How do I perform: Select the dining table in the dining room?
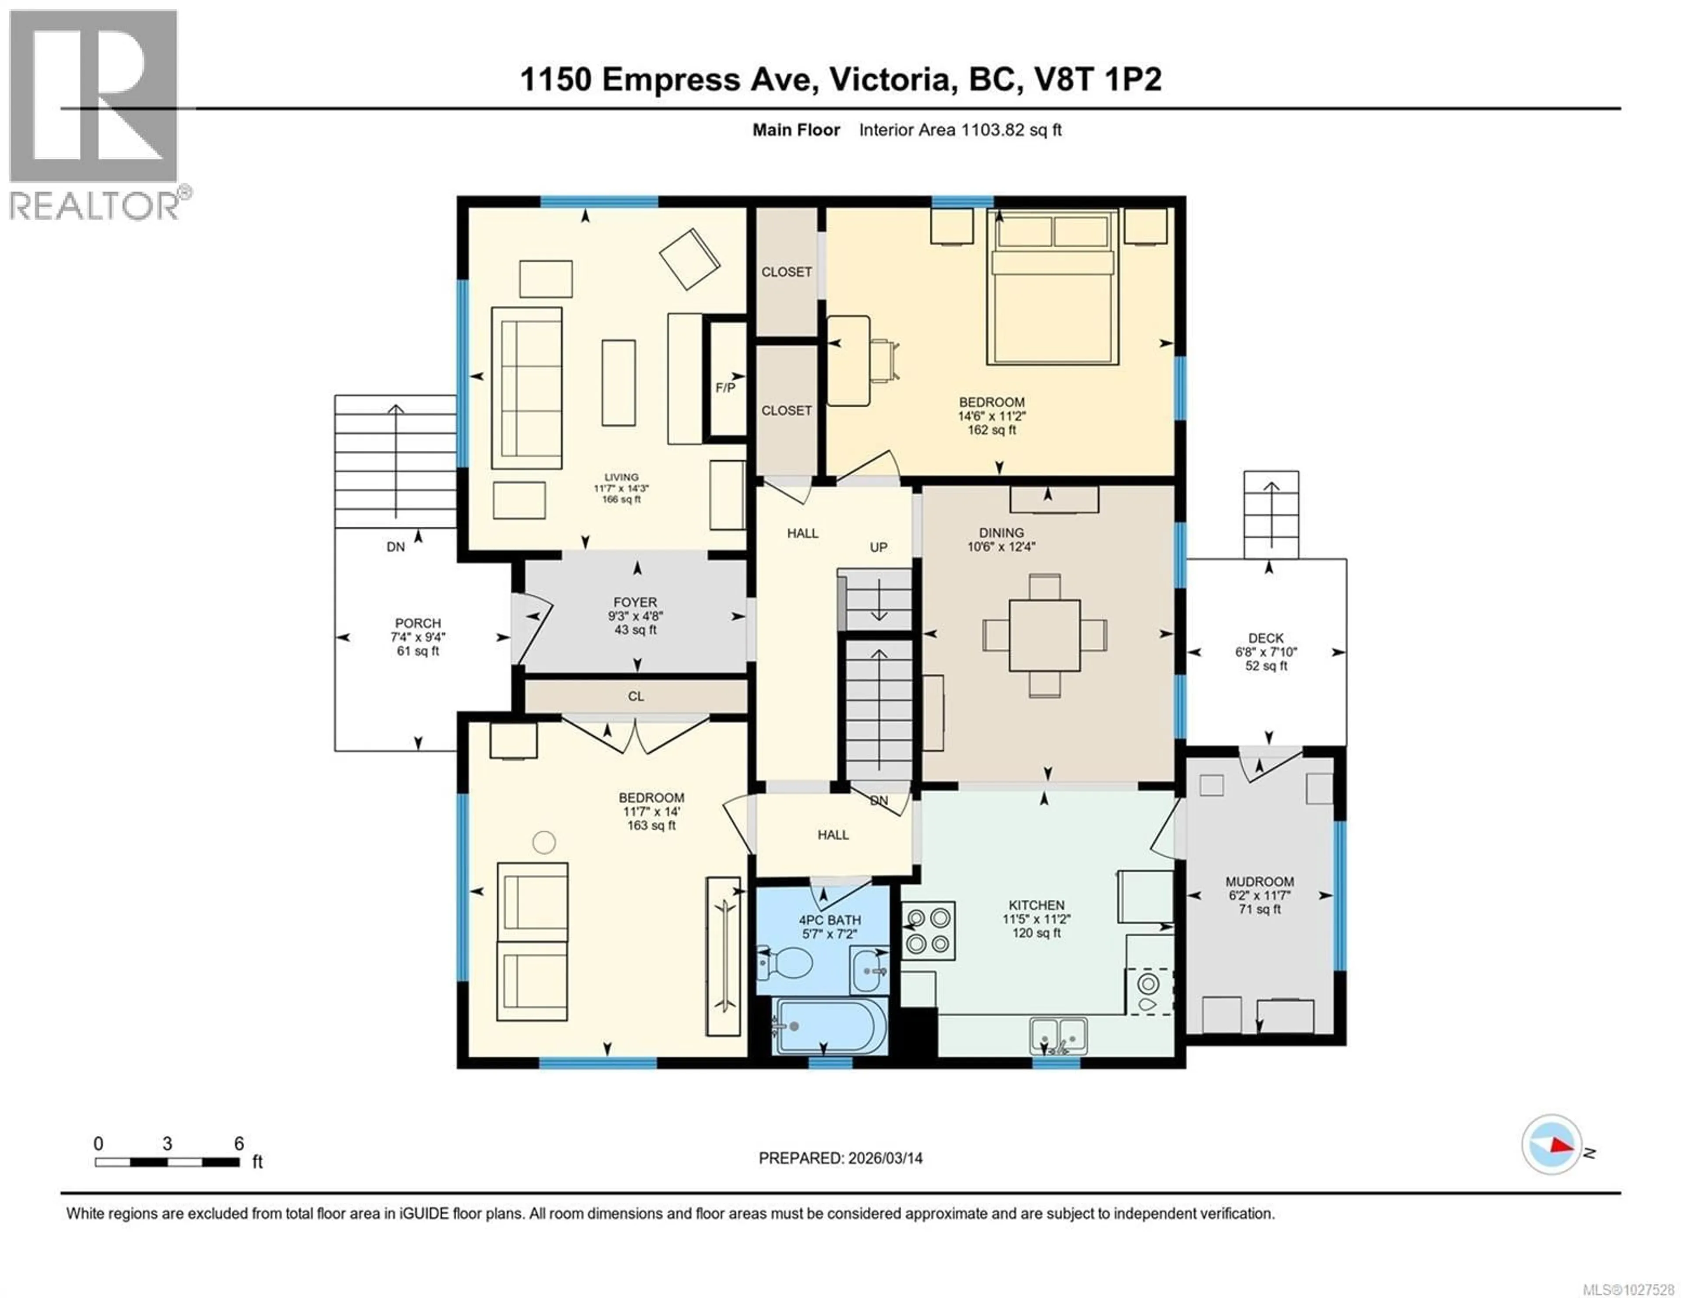point(1044,636)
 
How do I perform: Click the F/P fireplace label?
point(725,388)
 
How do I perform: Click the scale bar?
point(167,1162)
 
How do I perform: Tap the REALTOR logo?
point(94,115)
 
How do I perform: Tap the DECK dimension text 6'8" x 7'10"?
point(1266,652)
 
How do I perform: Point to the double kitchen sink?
point(1059,1036)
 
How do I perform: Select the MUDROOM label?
point(1259,882)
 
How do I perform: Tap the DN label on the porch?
point(396,547)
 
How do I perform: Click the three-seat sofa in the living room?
point(527,388)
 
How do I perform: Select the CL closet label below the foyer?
point(636,696)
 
